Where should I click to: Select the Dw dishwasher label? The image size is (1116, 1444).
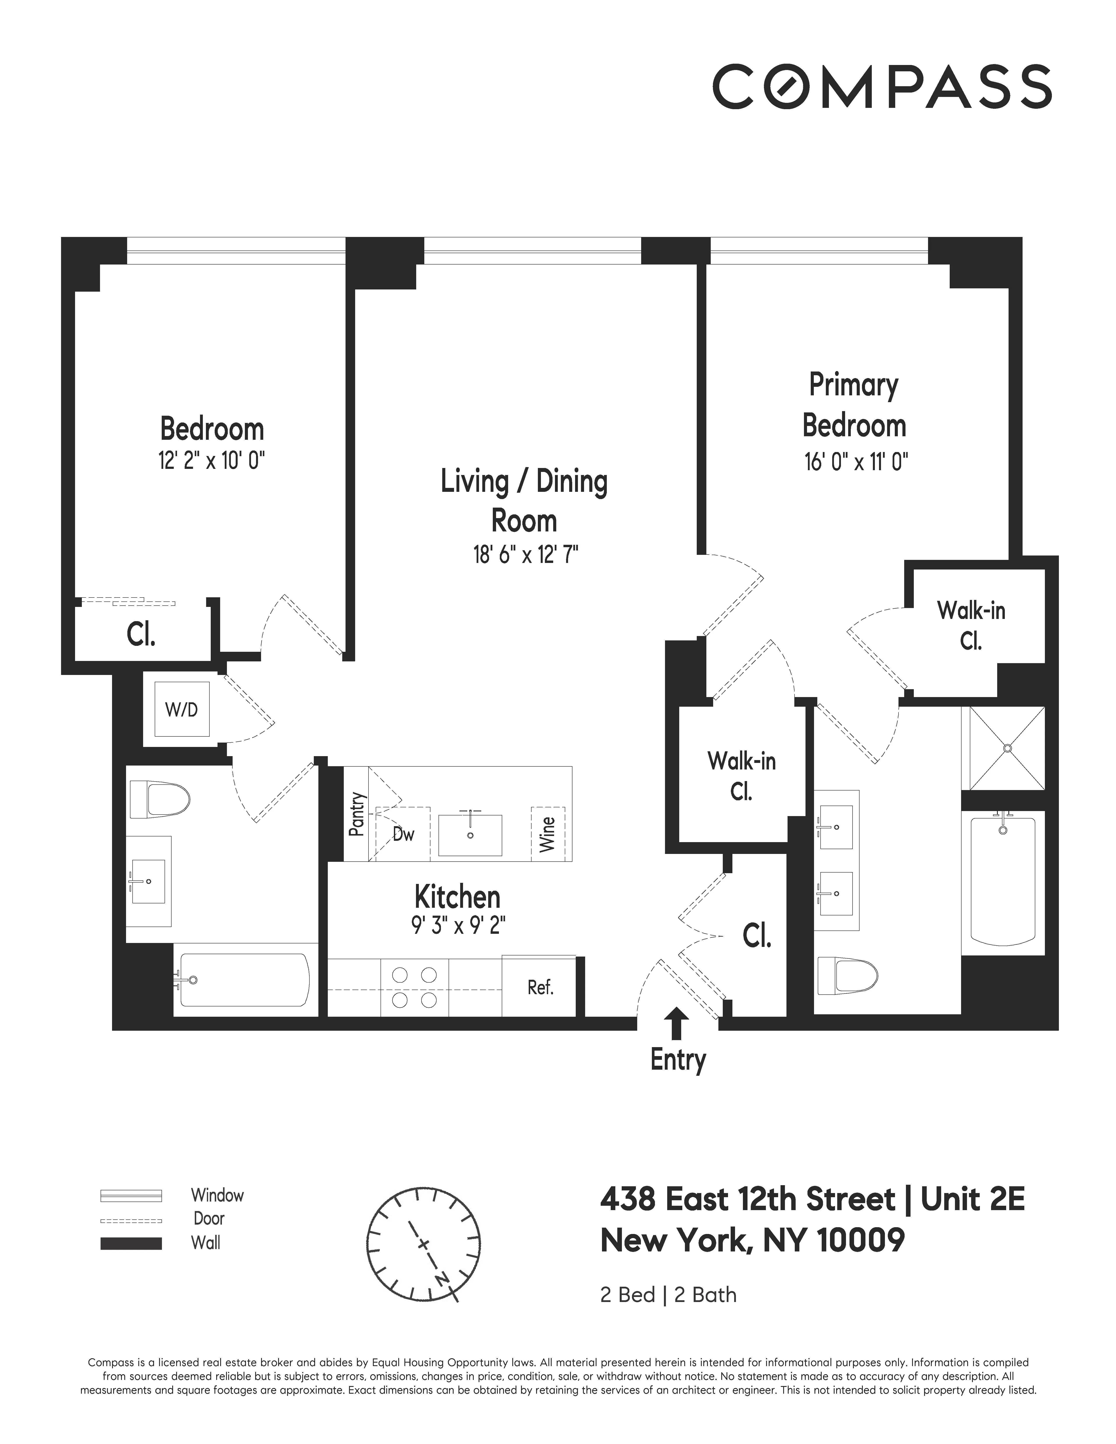(403, 834)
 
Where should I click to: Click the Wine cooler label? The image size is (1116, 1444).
(547, 834)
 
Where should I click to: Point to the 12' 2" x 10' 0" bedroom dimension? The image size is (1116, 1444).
(212, 460)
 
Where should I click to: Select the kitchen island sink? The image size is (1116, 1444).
(470, 834)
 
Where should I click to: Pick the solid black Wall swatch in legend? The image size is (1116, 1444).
(131, 1243)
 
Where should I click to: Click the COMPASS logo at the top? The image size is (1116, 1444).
(881, 87)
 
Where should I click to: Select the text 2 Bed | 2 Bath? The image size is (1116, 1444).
(668, 1313)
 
